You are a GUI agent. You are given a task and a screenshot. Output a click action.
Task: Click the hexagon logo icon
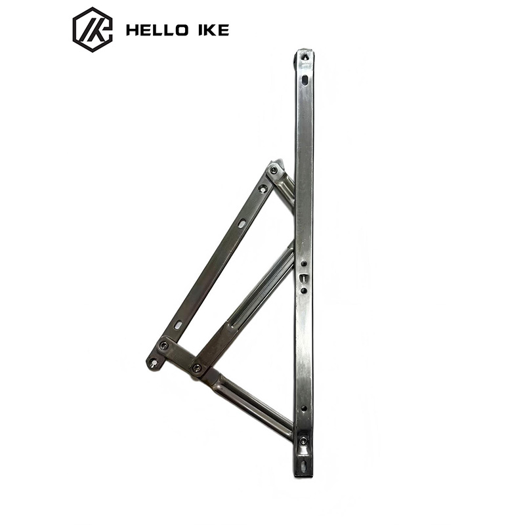pyautogui.click(x=93, y=30)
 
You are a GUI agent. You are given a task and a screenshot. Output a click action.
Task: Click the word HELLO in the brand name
pyautogui.click(x=157, y=30)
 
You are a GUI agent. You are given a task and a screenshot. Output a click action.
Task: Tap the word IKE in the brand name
pyautogui.click(x=213, y=30)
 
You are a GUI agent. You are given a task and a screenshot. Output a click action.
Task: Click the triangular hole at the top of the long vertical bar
pyautogui.click(x=305, y=57)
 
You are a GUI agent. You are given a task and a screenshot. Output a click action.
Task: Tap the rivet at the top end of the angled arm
pyautogui.click(x=274, y=171)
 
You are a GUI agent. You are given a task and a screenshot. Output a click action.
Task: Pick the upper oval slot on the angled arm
pyautogui.click(x=241, y=223)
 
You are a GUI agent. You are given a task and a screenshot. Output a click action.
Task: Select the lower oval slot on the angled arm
pyautogui.click(x=178, y=325)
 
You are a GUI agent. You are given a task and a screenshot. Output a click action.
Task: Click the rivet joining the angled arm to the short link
pyautogui.click(x=163, y=346)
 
